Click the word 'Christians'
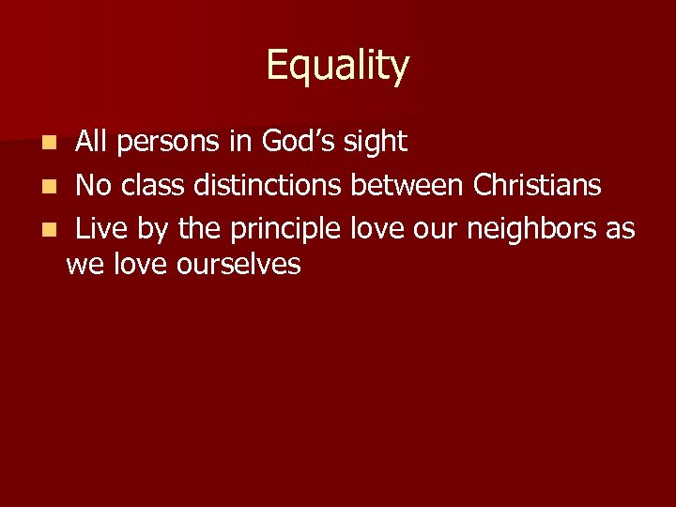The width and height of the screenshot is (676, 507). point(537,185)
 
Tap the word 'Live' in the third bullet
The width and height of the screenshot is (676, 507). point(101,227)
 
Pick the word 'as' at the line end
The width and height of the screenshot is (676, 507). point(621,229)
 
